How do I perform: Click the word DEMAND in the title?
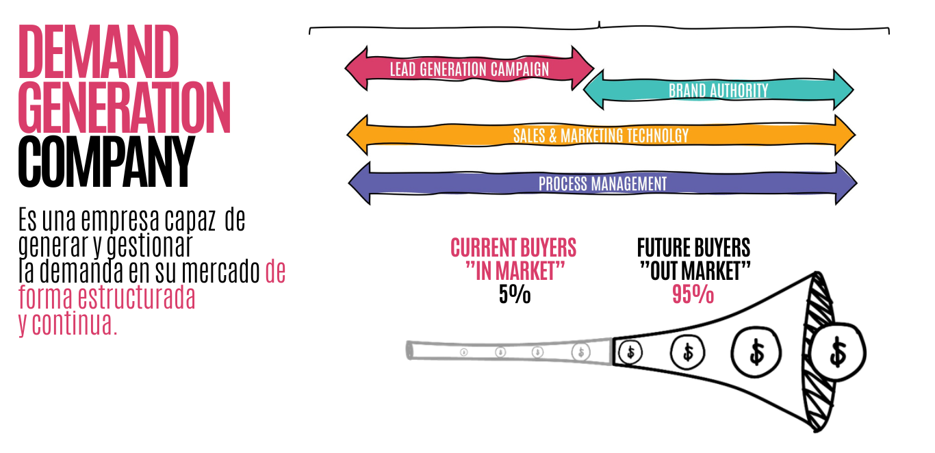click(99, 51)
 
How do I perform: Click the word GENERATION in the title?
click(125, 107)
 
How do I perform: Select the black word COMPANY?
click(107, 161)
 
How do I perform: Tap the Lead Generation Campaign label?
click(469, 69)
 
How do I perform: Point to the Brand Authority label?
click(719, 90)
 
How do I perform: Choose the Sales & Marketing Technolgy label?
click(601, 135)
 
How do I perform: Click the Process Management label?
click(602, 183)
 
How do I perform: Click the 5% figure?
click(515, 294)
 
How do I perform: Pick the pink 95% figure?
click(693, 294)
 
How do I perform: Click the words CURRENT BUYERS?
click(513, 248)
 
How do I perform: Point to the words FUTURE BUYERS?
click(694, 248)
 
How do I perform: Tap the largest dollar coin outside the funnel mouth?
click(837, 352)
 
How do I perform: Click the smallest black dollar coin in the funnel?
click(630, 352)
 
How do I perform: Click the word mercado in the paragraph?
click(221, 271)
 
